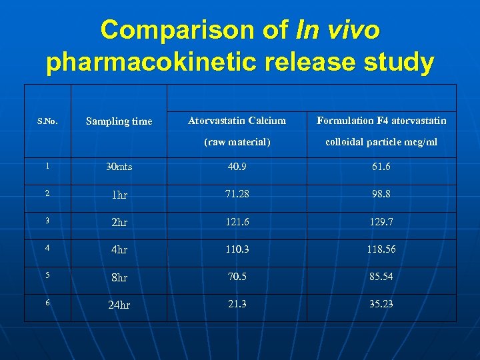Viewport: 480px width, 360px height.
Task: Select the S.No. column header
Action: click(x=47, y=121)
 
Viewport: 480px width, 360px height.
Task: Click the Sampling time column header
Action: click(x=119, y=121)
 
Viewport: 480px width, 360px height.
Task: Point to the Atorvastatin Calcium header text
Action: click(x=237, y=121)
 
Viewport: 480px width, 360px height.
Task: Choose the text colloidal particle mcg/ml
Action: click(x=381, y=142)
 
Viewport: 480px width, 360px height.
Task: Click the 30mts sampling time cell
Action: click(x=119, y=167)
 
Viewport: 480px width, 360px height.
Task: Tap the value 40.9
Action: click(x=237, y=166)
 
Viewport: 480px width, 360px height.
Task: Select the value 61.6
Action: click(x=381, y=166)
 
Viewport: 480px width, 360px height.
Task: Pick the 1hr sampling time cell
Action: click(x=119, y=195)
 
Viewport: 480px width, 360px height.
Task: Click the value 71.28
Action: click(x=237, y=193)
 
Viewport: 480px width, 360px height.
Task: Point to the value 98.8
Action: click(x=381, y=193)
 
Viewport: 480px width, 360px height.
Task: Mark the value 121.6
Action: click(x=237, y=221)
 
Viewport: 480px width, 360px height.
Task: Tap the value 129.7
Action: click(x=381, y=221)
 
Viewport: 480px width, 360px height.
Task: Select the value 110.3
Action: click(x=237, y=248)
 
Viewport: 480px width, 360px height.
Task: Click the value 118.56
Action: click(x=381, y=248)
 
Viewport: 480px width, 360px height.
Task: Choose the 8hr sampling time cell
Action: click(x=119, y=277)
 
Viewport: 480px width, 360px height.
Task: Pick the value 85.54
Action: click(x=381, y=275)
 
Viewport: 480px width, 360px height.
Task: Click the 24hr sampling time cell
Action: click(x=119, y=305)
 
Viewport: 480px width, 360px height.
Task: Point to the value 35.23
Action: click(x=381, y=303)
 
